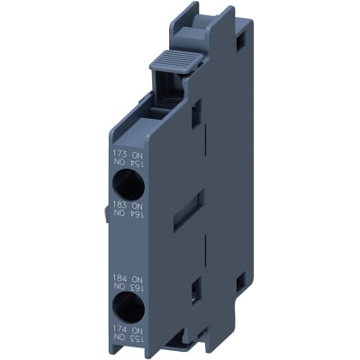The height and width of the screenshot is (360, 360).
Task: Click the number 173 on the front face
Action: [x=120, y=153]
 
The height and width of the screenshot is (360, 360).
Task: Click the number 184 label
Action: [x=120, y=279]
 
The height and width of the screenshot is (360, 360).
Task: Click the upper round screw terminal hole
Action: [x=127, y=184]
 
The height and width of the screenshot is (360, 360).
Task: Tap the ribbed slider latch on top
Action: [x=168, y=61]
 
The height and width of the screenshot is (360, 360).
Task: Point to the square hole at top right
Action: [x=240, y=40]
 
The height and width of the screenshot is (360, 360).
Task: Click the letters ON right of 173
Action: [x=139, y=153]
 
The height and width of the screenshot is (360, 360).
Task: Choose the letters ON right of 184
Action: [x=139, y=279]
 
